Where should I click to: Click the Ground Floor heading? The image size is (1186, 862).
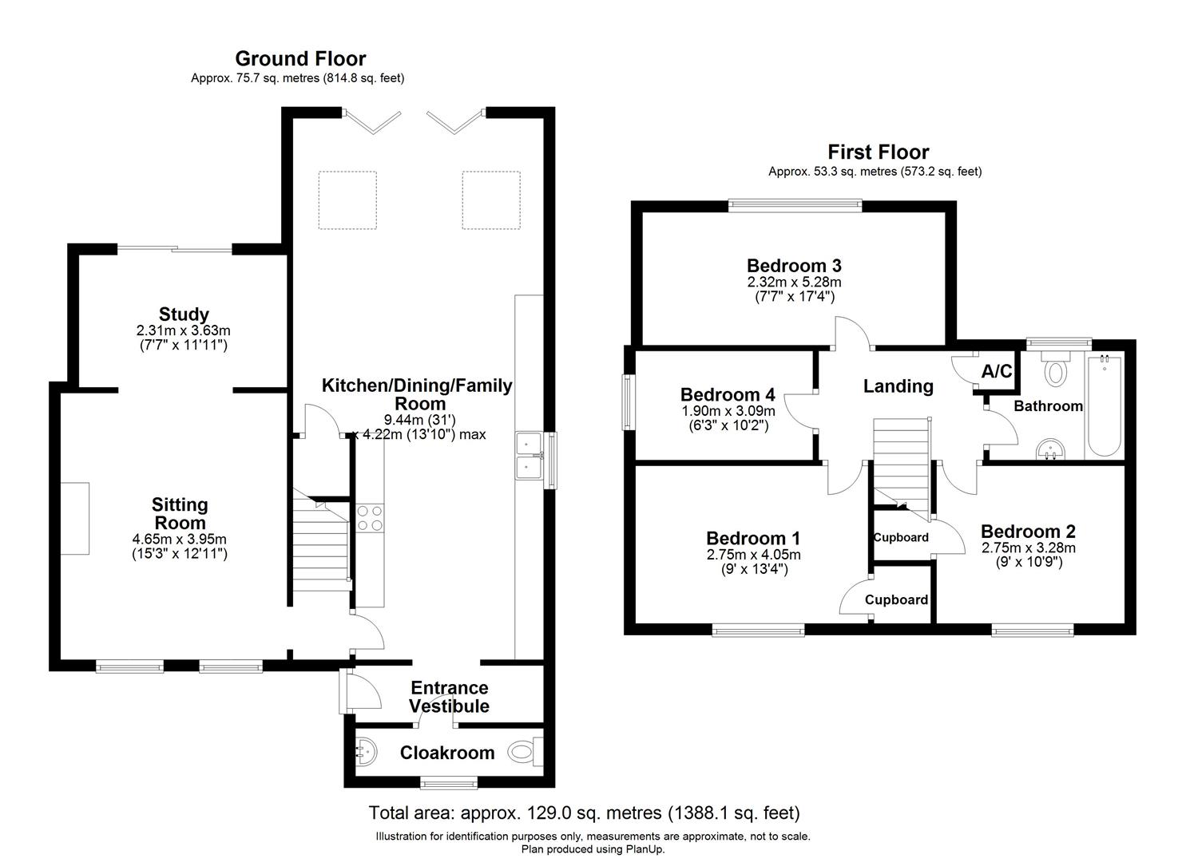point(300,58)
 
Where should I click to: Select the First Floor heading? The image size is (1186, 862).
point(878,152)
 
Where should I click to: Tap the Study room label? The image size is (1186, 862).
point(184,314)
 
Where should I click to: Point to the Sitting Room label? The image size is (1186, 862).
point(180,513)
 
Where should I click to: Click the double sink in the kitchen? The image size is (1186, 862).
point(527,454)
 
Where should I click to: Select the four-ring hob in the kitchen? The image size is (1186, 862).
point(370,518)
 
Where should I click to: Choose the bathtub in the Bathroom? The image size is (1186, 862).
point(1104,405)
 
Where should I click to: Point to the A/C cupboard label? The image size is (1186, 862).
point(996,371)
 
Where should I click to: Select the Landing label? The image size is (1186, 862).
point(898,386)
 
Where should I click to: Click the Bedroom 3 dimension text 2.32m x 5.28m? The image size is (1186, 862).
point(794,282)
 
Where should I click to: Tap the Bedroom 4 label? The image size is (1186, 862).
point(727,394)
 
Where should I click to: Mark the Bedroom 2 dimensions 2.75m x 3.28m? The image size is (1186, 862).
point(1028,548)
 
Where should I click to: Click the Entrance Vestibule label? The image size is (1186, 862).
point(449,697)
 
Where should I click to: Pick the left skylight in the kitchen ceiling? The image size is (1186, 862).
point(347,200)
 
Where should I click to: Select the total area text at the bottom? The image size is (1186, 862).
point(583,813)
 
